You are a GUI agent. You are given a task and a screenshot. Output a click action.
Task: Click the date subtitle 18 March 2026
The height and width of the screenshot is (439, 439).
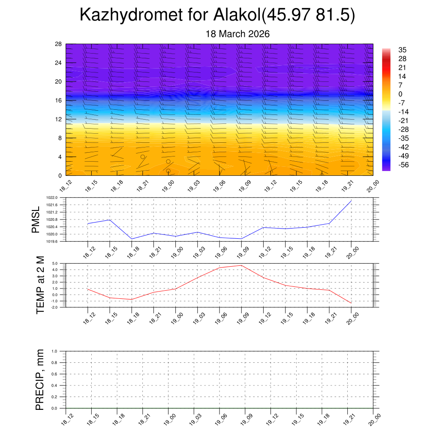238,34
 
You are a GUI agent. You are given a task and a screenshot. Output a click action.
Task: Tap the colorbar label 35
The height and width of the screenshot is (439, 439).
402,50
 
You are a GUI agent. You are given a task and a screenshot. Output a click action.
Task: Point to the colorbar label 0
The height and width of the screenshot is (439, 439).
400,94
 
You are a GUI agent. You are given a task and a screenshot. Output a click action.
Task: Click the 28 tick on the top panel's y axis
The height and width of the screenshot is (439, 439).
59,44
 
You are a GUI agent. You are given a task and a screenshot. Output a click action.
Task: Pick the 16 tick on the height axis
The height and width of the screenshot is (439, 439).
59,100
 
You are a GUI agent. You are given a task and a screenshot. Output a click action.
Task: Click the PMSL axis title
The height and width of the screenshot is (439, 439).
36,219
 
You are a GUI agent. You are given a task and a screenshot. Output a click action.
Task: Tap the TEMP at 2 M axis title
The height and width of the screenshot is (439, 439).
41,285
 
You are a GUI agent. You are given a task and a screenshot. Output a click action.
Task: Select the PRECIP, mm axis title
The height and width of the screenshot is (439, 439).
40,380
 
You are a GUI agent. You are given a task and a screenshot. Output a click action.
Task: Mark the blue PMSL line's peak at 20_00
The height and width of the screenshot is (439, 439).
351,201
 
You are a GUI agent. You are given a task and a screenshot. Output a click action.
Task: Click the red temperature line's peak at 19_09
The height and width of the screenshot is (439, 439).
241,265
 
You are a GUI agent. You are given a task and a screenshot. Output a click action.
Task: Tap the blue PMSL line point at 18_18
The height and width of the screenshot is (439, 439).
132,239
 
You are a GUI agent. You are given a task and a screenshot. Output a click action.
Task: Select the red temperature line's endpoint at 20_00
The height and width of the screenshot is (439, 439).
351,303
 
